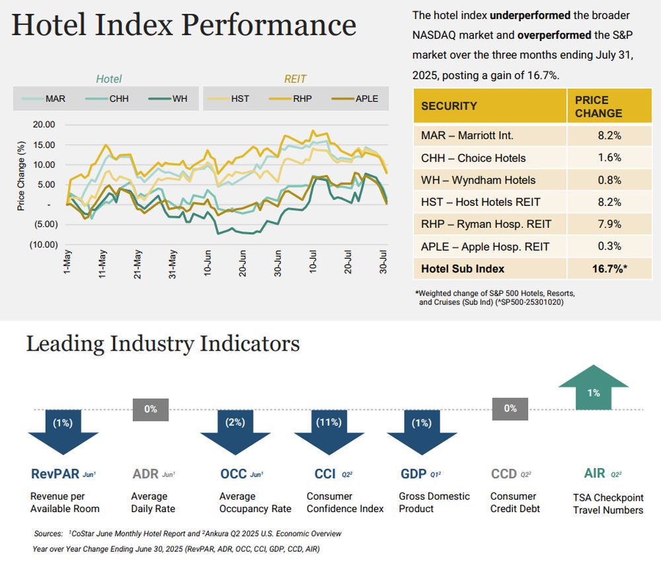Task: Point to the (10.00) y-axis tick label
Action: [42, 245]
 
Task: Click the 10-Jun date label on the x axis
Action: [208, 262]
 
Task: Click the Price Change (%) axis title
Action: [21, 176]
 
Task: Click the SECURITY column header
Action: [449, 106]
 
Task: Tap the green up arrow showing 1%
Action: [593, 391]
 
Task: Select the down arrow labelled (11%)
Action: [329, 429]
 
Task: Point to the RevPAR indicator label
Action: [55, 474]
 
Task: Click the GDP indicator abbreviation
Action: [413, 474]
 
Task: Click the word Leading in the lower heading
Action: [65, 344]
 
